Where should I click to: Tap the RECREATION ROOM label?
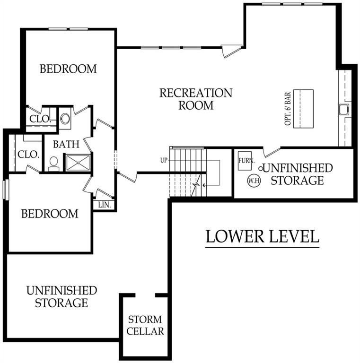point(195,99)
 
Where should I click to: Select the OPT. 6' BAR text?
point(287,108)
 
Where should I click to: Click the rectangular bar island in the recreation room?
point(304,108)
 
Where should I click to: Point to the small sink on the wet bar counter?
point(343,109)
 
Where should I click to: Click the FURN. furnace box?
point(246,161)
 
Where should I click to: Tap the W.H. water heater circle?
point(251,180)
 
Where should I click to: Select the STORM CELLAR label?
point(145,326)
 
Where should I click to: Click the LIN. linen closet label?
point(104,205)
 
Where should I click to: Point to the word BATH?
point(66,144)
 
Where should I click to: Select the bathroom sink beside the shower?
point(53,163)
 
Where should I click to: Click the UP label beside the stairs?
point(164,160)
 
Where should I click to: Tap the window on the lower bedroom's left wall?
point(5,190)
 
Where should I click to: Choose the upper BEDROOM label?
point(68,69)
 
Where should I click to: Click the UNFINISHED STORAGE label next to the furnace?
point(297,174)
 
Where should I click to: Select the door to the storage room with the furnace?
point(271,152)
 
